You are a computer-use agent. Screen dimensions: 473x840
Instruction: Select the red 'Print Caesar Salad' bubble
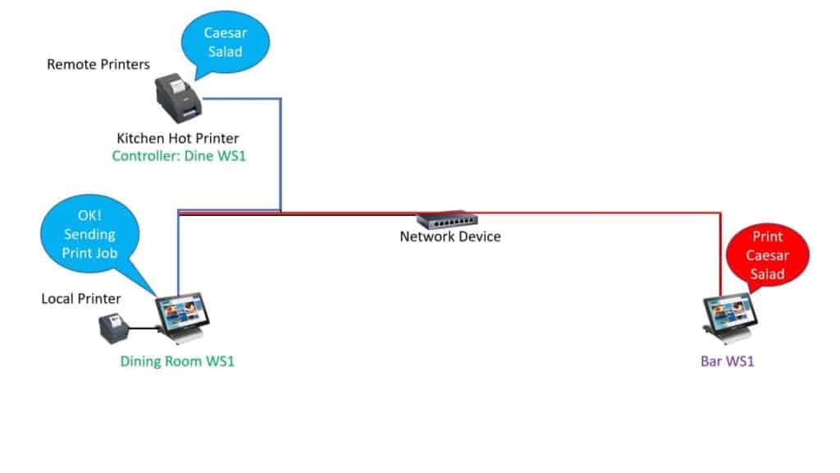pos(768,255)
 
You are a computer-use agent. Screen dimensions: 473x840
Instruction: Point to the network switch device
pos(447,220)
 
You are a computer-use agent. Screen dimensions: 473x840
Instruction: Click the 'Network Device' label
pos(450,236)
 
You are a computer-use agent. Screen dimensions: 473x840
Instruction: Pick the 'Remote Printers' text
pos(98,64)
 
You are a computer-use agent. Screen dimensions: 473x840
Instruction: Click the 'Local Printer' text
pos(81,298)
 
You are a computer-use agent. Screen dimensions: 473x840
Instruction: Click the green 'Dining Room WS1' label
pos(177,361)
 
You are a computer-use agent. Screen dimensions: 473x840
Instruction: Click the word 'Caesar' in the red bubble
pos(768,255)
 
